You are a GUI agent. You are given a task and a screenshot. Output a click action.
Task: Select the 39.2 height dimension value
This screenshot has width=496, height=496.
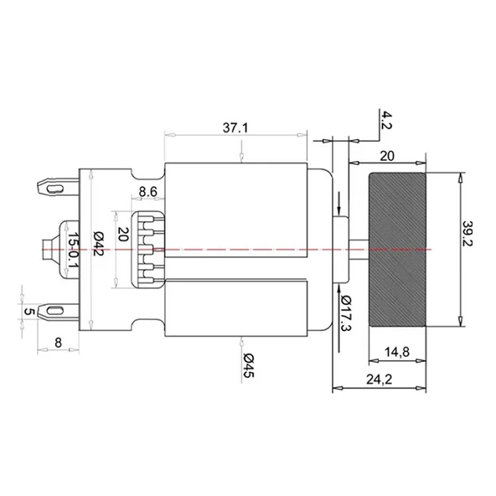pyautogui.click(x=474, y=250)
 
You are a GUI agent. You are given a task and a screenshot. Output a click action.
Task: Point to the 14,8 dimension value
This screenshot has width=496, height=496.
pyautogui.click(x=398, y=353)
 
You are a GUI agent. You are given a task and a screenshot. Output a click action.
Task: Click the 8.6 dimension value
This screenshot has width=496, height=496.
pyautogui.click(x=148, y=192)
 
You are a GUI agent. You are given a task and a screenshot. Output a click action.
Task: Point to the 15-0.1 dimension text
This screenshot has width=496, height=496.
pyautogui.click(x=74, y=249)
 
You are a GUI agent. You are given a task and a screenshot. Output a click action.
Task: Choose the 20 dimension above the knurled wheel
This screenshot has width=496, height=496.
pyautogui.click(x=387, y=154)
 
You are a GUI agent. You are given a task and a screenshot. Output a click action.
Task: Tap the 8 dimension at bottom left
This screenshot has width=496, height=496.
pyautogui.click(x=56, y=341)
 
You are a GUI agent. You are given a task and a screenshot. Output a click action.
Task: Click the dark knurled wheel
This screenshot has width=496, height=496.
pyautogui.click(x=399, y=249)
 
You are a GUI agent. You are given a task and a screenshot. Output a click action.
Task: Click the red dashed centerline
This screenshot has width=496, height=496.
pyautogui.click(x=251, y=250)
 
